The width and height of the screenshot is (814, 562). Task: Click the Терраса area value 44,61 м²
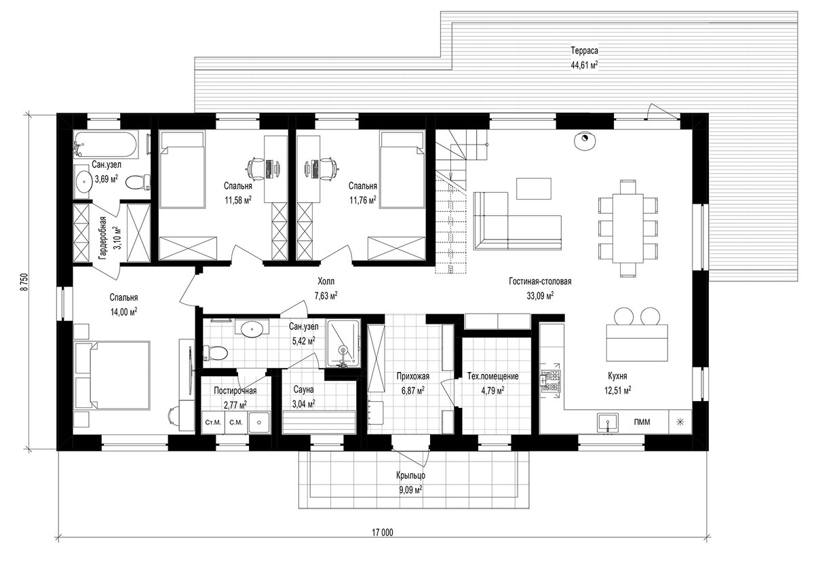[x=584, y=65]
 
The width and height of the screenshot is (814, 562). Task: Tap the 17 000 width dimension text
[x=383, y=533]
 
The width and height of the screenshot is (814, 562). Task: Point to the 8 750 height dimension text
[x=24, y=282]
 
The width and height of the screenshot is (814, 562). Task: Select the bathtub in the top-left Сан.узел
[x=106, y=145]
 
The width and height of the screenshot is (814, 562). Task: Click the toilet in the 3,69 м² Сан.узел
[x=138, y=182]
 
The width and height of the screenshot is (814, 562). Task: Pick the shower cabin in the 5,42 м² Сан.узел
[x=343, y=343]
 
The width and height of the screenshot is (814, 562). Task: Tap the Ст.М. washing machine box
[x=213, y=422]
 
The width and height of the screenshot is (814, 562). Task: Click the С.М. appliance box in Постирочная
[x=236, y=422]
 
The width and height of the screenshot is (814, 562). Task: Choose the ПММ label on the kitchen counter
[x=642, y=422]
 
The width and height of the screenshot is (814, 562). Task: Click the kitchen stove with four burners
[x=551, y=381]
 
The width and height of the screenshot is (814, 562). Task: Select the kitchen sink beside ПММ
[x=608, y=422]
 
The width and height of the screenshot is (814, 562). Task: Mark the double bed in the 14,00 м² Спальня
[x=112, y=375]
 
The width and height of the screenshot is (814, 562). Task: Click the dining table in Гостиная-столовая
[x=628, y=228]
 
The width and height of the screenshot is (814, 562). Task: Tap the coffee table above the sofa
[x=534, y=188]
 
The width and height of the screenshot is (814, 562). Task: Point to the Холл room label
[x=326, y=281]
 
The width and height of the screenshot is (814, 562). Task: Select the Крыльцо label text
[x=410, y=476]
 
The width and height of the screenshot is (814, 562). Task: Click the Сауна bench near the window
[x=319, y=421]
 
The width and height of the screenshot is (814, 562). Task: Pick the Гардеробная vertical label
[x=103, y=238]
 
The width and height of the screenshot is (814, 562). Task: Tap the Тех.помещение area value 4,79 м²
[x=492, y=391]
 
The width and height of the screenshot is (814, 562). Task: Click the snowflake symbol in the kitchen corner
[x=680, y=422]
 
